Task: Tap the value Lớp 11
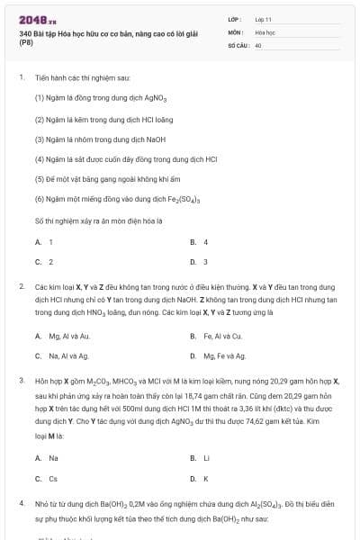pos(262,18)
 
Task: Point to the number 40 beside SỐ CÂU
pos(258,45)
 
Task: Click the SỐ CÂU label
pos(238,45)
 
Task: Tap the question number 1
pos(21,77)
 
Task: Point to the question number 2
pos(21,286)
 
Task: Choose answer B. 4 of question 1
pos(200,242)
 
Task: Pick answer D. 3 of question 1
pos(200,262)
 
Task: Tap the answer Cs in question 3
pos(52,479)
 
